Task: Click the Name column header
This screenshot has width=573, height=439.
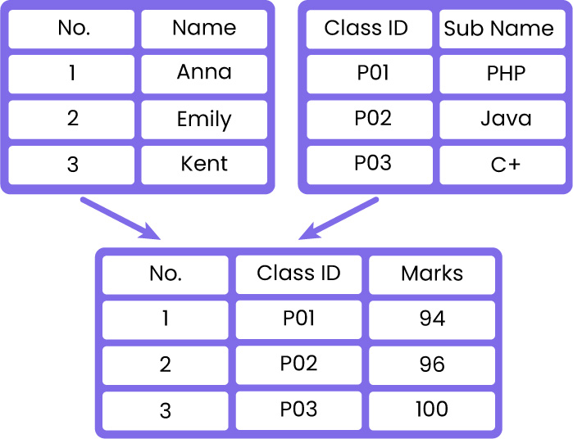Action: click(204, 29)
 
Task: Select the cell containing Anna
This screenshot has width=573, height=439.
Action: click(204, 75)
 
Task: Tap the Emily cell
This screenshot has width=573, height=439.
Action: click(204, 120)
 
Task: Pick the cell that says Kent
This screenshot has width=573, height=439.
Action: click(204, 165)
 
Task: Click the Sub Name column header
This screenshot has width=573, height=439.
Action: click(503, 29)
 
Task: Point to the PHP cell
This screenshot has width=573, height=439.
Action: click(503, 75)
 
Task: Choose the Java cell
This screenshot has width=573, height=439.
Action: click(503, 120)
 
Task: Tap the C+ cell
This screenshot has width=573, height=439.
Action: click(503, 165)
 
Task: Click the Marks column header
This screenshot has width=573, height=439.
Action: click(432, 274)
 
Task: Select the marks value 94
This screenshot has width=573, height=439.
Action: click(432, 320)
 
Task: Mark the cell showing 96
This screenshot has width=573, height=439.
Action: click(432, 365)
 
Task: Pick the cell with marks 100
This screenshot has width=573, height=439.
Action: click(432, 411)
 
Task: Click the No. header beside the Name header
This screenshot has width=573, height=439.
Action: click(71, 29)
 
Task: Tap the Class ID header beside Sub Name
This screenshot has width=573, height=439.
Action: click(370, 29)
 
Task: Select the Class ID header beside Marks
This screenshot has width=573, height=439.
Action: click(298, 274)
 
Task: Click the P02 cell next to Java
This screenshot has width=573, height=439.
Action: click(370, 120)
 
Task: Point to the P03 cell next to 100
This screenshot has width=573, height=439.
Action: click(298, 411)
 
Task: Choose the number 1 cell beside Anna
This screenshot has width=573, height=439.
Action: click(71, 75)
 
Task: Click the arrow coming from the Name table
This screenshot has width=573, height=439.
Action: click(120, 219)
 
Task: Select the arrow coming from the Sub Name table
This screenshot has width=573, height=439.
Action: click(339, 219)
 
